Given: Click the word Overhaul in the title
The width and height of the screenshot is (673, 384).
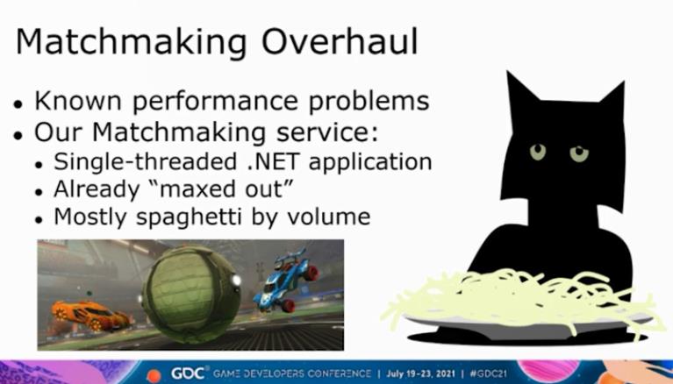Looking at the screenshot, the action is (339, 41).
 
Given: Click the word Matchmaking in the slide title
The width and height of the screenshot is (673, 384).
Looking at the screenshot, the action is (131, 43).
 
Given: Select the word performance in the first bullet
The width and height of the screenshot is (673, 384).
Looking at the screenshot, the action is (215, 102).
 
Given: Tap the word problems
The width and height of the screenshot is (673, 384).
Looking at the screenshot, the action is (369, 101).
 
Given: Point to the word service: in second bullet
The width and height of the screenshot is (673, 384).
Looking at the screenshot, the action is (327, 132).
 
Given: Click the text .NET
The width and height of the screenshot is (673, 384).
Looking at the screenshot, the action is (273, 161).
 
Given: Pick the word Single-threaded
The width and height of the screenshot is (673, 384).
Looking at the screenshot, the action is (146, 162).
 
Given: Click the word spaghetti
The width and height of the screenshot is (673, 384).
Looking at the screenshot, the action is (189, 217).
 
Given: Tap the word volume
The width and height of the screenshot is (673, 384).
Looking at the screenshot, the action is (328, 217).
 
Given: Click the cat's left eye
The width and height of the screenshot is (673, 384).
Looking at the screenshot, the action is (537, 152).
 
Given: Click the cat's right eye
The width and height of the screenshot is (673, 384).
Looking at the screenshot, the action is (579, 153).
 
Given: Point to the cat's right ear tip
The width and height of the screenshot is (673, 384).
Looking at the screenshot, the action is (622, 82).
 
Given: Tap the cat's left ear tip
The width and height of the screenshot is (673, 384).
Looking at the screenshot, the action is (508, 72).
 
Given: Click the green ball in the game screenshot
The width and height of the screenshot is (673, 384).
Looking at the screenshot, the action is (190, 294).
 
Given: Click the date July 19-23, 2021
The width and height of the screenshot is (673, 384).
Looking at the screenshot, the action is (420, 373).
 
